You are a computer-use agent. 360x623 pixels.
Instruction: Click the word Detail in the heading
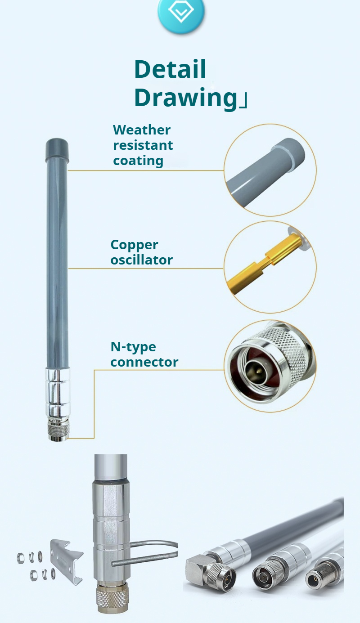[170, 69]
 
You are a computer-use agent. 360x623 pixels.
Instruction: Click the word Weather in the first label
[142, 130]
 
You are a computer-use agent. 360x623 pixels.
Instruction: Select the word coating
[138, 161]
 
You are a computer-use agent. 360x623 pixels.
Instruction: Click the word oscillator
[142, 260]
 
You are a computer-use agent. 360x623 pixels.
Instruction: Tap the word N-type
[133, 347]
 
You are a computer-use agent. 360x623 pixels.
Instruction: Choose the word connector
[144, 362]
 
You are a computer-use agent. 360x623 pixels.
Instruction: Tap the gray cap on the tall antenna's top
[57, 151]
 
